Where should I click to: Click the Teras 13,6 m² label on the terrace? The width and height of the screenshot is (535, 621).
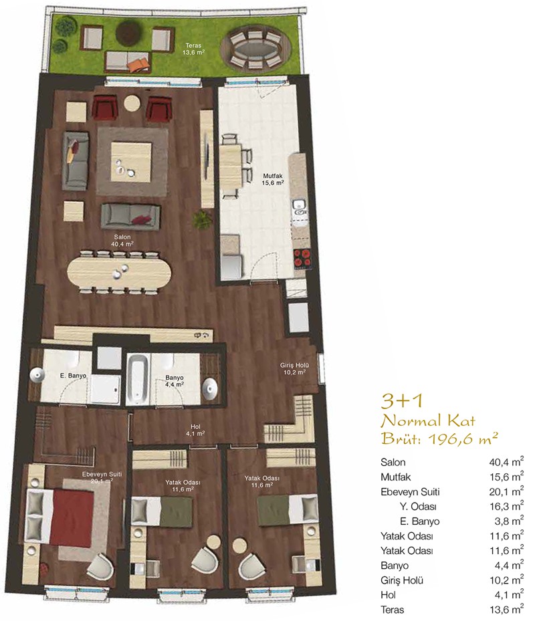point(194,49)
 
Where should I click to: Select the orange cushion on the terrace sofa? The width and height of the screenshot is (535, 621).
point(140,65)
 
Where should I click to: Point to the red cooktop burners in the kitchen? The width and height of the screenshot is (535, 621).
point(303,259)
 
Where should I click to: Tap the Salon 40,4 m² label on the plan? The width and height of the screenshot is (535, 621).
point(122,241)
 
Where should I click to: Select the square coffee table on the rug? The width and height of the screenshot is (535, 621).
point(131,162)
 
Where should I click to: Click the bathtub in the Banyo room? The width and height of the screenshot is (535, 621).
point(138,378)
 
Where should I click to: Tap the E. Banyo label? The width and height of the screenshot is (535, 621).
point(73,376)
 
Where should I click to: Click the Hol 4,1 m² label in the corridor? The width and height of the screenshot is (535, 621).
point(195,430)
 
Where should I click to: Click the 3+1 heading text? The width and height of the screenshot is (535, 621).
point(402,401)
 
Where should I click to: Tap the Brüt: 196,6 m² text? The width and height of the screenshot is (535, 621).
point(439,439)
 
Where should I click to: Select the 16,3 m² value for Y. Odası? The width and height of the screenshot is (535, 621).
point(506,507)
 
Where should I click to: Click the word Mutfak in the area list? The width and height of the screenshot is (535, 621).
point(395,477)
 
